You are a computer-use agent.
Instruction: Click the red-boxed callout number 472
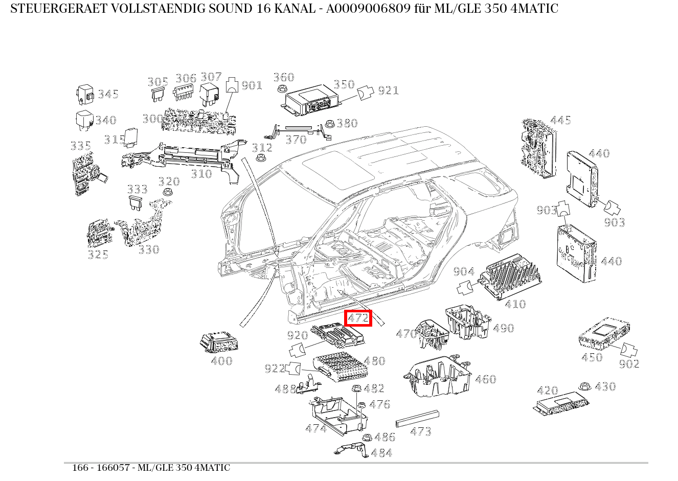point(358,318)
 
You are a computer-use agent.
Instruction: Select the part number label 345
point(108,94)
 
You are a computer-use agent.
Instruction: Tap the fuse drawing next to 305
point(157,94)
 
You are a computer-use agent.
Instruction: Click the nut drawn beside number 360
point(281,89)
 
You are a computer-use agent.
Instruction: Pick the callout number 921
point(388,91)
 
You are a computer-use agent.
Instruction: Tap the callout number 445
point(560,121)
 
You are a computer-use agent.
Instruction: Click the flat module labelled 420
point(560,404)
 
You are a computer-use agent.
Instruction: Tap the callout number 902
point(628,364)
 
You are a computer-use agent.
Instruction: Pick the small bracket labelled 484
point(351,449)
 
